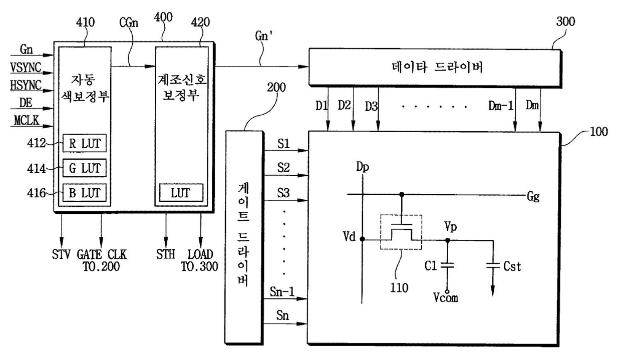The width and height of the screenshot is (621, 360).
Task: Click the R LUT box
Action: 85,143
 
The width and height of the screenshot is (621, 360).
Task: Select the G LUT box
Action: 85,168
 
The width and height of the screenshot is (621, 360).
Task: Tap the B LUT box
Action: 85,193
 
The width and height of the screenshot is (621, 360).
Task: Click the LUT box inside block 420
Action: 181,193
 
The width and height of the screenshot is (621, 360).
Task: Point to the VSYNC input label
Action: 26,68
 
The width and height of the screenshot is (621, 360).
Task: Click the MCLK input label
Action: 27,121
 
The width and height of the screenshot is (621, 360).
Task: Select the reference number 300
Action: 565,22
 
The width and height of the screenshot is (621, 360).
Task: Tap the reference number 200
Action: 276,87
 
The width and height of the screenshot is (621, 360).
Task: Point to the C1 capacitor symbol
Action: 447,265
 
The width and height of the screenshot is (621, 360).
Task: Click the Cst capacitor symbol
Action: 493,265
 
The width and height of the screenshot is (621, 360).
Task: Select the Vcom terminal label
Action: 446,298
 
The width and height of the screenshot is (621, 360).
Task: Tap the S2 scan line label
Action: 283,167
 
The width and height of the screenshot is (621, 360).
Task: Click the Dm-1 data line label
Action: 501,106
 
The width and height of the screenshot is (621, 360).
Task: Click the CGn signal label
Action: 129,23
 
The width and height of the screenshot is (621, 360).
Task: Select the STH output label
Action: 165,254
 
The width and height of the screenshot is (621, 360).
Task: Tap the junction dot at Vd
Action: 362,239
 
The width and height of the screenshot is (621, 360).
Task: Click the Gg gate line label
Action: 533,197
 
